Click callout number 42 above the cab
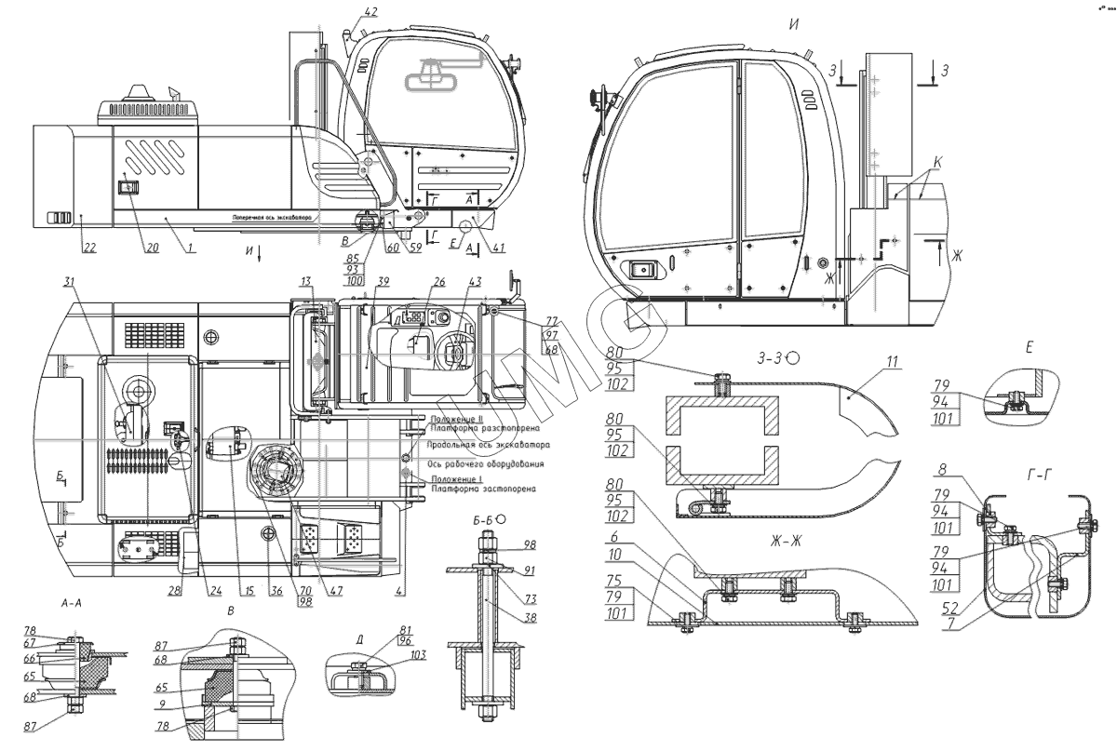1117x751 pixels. [x=370, y=12]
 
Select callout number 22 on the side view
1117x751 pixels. [x=88, y=247]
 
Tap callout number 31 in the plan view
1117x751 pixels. [x=69, y=282]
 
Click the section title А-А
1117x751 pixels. [x=74, y=603]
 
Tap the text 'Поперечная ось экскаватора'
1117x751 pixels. [x=272, y=216]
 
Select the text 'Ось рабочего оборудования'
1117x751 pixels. [x=488, y=463]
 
